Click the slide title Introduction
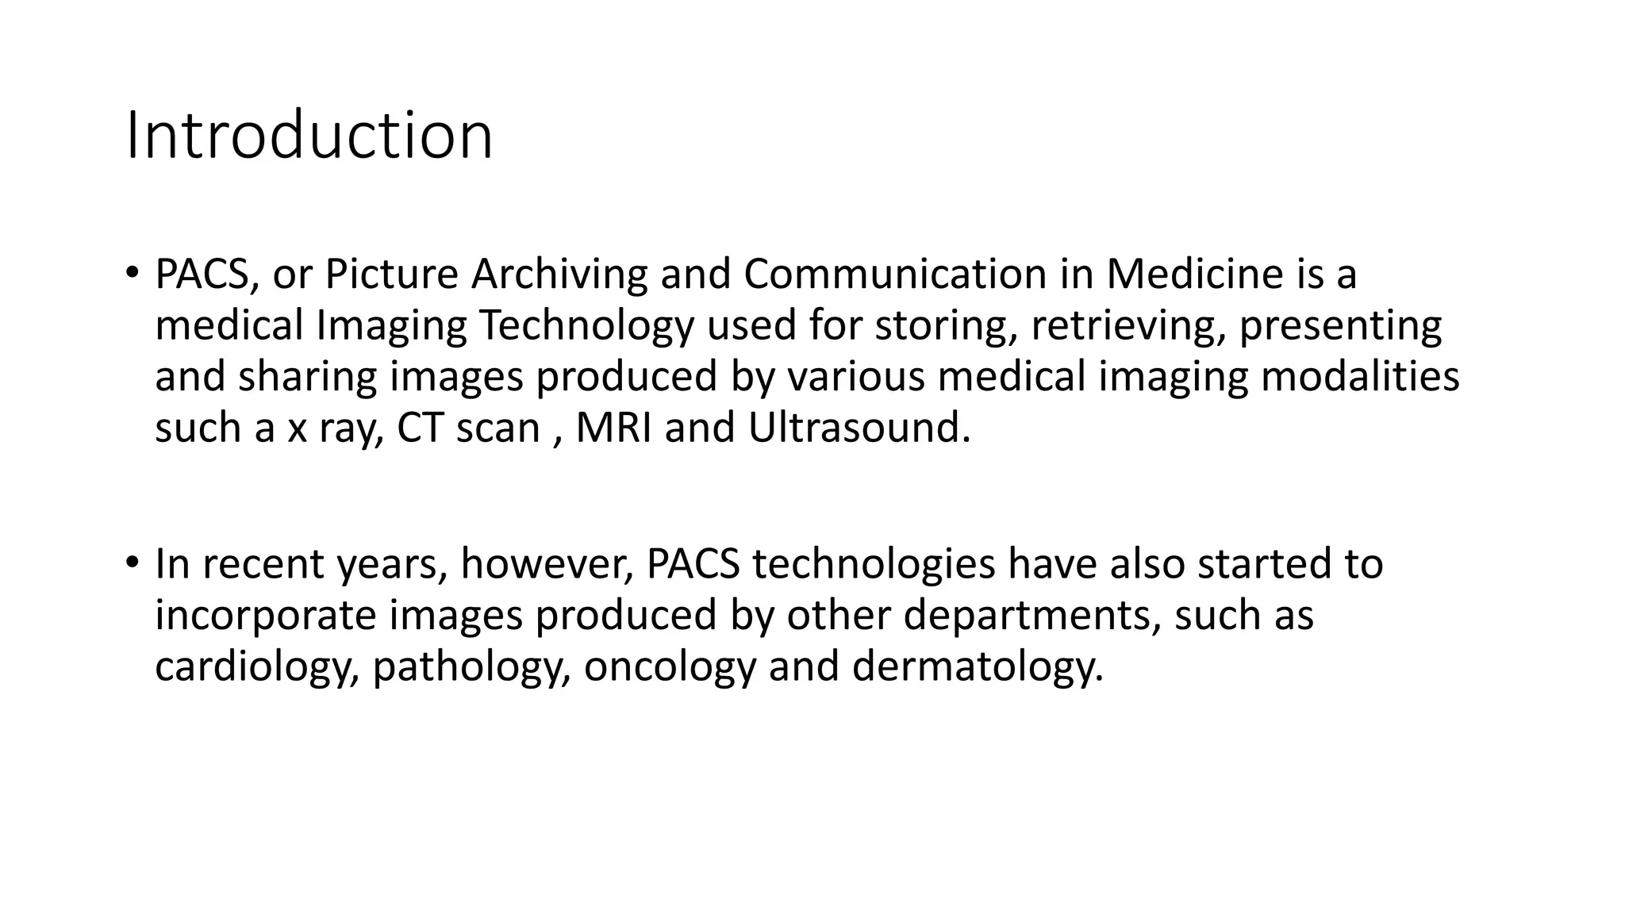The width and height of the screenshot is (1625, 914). point(309,136)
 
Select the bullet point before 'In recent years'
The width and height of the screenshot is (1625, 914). point(132,563)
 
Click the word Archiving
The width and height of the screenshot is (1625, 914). point(559,274)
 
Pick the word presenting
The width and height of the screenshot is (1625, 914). point(1340,325)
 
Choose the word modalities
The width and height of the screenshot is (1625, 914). point(1360,376)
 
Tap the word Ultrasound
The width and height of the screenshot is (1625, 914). point(859,428)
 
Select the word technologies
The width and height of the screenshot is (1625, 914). point(874,563)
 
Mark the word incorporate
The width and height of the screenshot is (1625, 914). point(265,615)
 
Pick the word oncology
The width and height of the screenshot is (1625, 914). point(670,666)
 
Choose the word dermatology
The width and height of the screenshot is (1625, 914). point(978,666)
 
